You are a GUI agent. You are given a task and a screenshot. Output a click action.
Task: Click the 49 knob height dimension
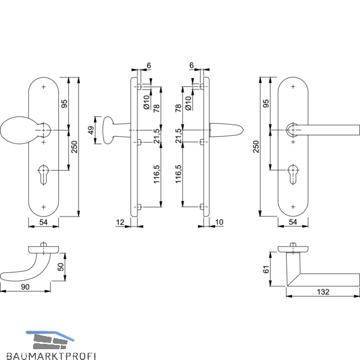pos(91,130)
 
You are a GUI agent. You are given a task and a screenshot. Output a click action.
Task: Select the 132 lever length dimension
pos(323,292)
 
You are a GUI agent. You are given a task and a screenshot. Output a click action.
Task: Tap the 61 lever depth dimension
pos(266,269)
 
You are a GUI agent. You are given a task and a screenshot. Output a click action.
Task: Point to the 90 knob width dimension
pos(25,287)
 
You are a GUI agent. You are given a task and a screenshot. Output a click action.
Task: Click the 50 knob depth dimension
pos(61,267)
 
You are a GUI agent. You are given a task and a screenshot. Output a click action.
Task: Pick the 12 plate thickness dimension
pos(120,222)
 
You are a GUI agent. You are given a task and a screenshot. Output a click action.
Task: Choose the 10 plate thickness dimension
pos(219,222)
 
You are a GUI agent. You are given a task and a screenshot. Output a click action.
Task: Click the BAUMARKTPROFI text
pos(51,356)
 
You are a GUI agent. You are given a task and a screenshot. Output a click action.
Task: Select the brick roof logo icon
pos(50,340)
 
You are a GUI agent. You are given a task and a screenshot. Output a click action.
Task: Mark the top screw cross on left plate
pos(43,87)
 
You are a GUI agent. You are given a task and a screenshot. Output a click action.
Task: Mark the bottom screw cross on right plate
pos(293,207)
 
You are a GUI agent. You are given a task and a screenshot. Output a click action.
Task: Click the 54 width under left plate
pos(43,222)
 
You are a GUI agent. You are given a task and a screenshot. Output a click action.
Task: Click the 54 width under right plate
pos(293,222)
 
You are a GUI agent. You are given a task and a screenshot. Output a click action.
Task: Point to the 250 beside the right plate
pos(256,147)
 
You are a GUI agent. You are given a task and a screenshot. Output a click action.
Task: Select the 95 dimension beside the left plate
pos(65,104)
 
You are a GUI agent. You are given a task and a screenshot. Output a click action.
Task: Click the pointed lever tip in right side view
pos(243,130)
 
